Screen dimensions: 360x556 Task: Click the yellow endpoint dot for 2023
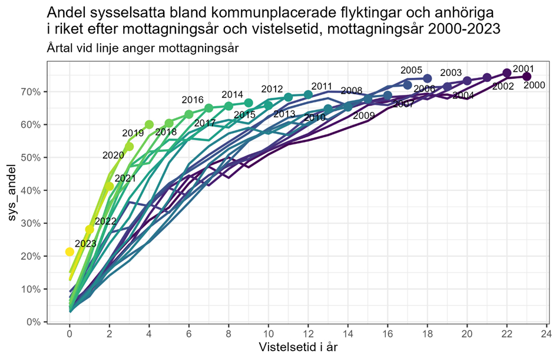pos(69,252)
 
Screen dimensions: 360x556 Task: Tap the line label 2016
pos(193,100)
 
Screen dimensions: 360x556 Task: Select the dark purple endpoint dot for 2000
pos(527,77)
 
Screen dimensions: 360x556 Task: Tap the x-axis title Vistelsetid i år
pos(298,348)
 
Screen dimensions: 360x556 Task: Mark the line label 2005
pos(411,70)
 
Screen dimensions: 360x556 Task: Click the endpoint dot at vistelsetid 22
pos(507,73)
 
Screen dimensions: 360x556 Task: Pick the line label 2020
pos(113,156)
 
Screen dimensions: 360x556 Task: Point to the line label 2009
pos(363,116)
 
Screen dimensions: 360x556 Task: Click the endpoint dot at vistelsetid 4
pos(149,124)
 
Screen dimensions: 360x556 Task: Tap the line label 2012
pos(272,89)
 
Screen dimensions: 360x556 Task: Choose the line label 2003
pos(451,72)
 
